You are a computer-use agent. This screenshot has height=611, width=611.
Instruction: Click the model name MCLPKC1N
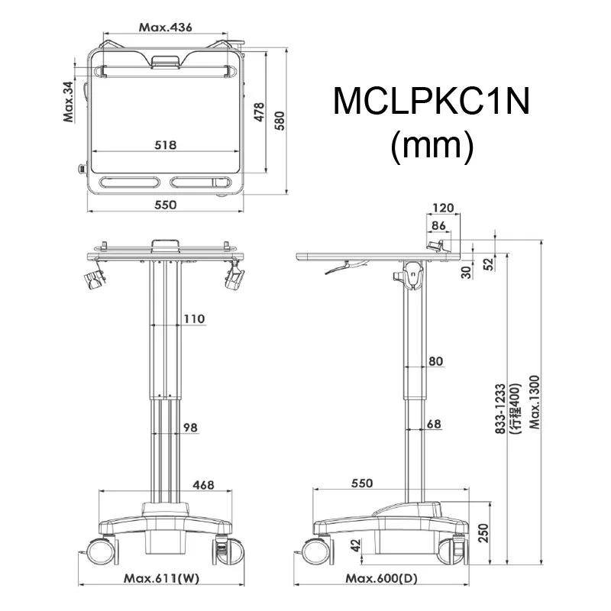431,102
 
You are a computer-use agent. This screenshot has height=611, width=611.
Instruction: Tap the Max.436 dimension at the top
165,27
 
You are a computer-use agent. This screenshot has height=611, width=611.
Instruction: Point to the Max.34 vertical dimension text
69,102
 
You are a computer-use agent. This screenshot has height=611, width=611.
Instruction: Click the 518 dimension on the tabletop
166,144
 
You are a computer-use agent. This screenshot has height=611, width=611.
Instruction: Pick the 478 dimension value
259,112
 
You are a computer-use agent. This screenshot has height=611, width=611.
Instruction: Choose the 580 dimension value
280,120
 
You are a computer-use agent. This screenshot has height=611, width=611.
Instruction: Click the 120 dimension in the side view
442,208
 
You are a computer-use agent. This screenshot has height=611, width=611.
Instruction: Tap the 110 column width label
193,319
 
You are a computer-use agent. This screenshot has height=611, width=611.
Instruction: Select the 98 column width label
189,428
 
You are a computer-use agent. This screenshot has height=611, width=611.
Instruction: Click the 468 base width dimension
203,484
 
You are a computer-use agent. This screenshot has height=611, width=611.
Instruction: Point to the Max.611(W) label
162,578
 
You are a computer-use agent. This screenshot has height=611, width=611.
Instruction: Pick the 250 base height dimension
483,533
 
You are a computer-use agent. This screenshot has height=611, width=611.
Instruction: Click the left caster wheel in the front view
99,550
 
